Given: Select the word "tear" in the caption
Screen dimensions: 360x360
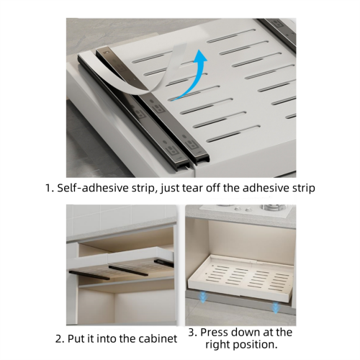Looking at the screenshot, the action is point(192,188).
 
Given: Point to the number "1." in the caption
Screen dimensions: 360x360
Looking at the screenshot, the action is point(50,188).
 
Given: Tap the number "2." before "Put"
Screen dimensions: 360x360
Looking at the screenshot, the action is point(60,339).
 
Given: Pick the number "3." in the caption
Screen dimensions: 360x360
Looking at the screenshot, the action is point(193,333).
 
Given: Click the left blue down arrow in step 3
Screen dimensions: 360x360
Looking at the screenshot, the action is point(203,297).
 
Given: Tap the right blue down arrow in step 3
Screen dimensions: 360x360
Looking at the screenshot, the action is point(275,307).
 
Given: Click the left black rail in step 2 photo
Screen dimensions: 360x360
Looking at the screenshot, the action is point(89,275).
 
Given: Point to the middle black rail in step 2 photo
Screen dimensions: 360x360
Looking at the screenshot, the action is point(128,271).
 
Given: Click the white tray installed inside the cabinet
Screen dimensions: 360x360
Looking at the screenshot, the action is point(240,276).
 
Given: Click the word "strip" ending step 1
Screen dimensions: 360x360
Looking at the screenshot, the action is point(303,188).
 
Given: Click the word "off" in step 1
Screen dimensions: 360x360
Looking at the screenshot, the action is point(213,188).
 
